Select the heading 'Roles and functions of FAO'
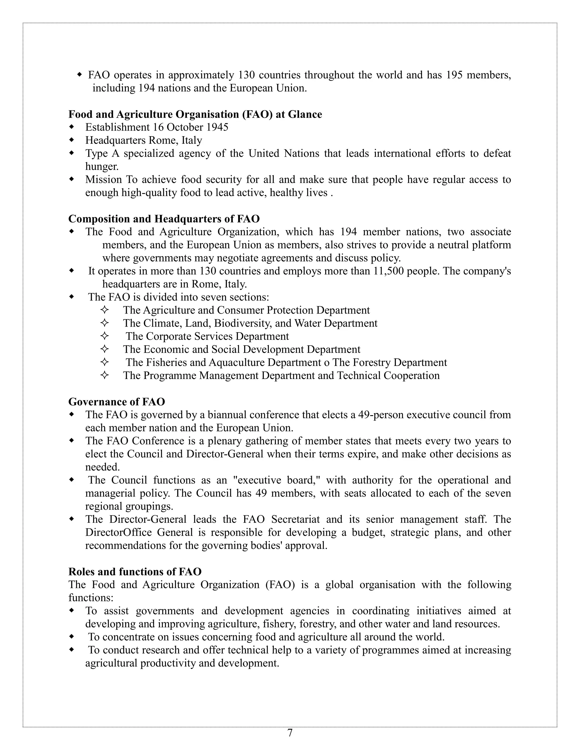pyautogui.click(x=135, y=571)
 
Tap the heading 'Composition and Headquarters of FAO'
pyautogui.click(x=164, y=218)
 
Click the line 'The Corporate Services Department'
pyautogui.click(x=207, y=336)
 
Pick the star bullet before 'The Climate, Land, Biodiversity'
pyautogui.click(x=105, y=323)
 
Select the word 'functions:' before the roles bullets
pyautogui.click(x=91, y=597)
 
